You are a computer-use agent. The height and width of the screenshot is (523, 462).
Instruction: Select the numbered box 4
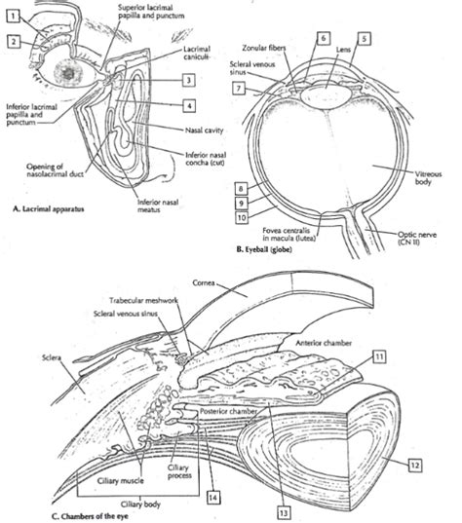click(x=192, y=104)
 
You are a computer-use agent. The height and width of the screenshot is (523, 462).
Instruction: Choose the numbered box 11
click(x=376, y=359)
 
